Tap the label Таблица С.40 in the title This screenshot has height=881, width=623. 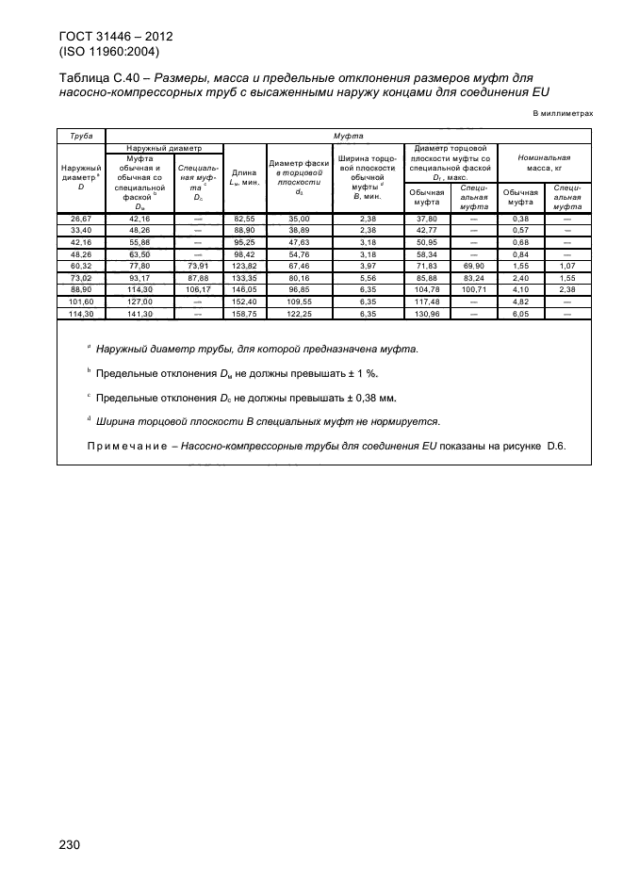(102, 77)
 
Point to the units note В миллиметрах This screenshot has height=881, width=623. (564, 113)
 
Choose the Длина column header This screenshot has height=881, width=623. (244, 177)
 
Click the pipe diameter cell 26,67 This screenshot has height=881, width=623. (81, 219)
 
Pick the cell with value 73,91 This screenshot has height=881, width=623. (198, 267)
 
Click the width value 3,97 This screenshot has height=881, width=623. (368, 267)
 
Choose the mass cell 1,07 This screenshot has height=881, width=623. (568, 267)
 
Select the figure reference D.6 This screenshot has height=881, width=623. (554, 446)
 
